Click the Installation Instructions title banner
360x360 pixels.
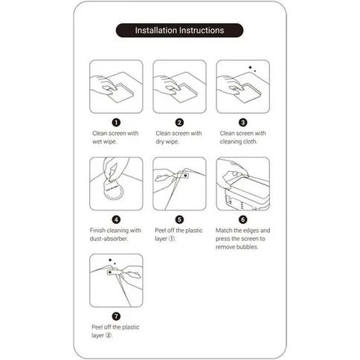tap(179, 30)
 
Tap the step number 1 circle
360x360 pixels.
tap(116, 123)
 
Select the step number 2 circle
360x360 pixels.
tap(179, 123)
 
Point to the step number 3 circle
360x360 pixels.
tap(243, 123)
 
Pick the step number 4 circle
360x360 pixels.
tap(116, 219)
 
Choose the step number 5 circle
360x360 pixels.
tap(179, 219)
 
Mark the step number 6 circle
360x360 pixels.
tap(243, 219)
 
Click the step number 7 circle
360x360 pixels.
tap(116, 315)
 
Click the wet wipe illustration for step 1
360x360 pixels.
tap(116, 87)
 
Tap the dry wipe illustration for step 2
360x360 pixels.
tap(179, 87)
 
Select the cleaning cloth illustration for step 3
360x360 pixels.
tap(243, 87)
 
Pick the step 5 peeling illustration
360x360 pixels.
tap(179, 184)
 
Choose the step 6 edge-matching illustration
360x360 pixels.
tap(243, 184)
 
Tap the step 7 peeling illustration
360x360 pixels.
tap(116, 280)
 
